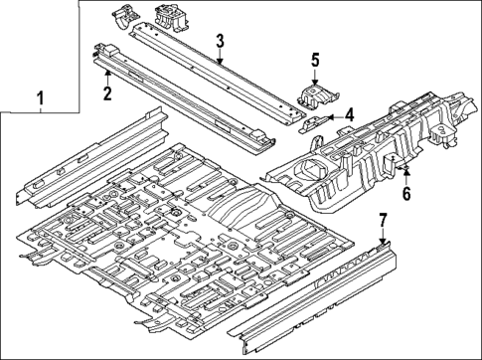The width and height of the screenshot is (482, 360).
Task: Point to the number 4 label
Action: pos(349,116)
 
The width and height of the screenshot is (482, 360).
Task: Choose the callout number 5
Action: pos(314,59)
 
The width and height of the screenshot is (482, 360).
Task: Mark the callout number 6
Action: pos(405,195)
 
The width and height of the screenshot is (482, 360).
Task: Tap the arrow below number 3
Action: pos(220,62)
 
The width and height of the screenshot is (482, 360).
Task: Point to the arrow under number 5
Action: pos(314,80)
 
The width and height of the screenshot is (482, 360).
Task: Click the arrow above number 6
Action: pos(405,175)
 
